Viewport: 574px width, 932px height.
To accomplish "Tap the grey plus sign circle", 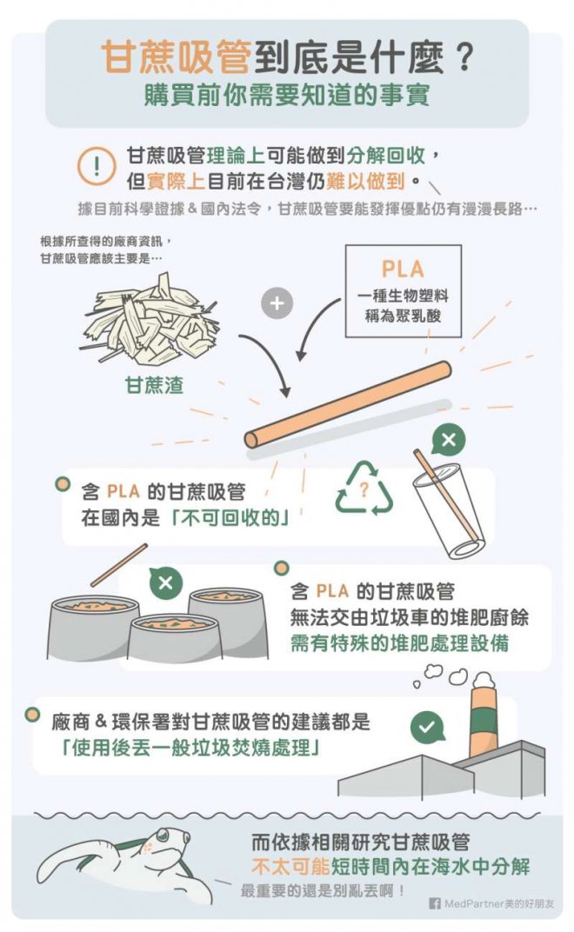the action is point(277,303).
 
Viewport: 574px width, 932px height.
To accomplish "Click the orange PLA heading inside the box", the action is point(403,269).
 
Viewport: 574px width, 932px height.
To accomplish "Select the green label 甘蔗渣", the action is point(154,385).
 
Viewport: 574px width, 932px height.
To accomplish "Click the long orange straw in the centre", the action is point(348,404).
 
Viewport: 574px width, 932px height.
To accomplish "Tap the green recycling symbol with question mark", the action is point(364,489).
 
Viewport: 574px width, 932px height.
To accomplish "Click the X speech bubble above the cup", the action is point(448,441).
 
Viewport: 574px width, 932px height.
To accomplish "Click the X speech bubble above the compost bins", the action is point(165,582).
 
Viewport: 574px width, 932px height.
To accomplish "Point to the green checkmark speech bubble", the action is point(427,727).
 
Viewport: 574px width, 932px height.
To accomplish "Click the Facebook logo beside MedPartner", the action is point(435,903).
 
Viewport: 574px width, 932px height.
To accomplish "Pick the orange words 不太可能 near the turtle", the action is point(290,867).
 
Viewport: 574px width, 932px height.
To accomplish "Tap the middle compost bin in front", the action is point(175,638).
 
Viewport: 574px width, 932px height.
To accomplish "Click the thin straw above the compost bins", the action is point(119,564).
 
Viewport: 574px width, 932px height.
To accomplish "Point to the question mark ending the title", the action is point(463,58).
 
